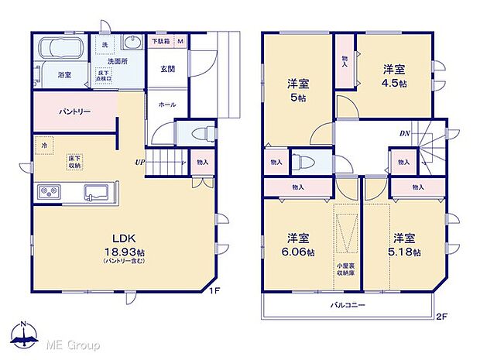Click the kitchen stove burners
[46, 192]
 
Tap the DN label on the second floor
[404, 134]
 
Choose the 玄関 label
[167, 69]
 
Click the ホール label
[167, 103]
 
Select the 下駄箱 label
[160, 41]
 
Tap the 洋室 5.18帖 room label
[406, 244]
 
